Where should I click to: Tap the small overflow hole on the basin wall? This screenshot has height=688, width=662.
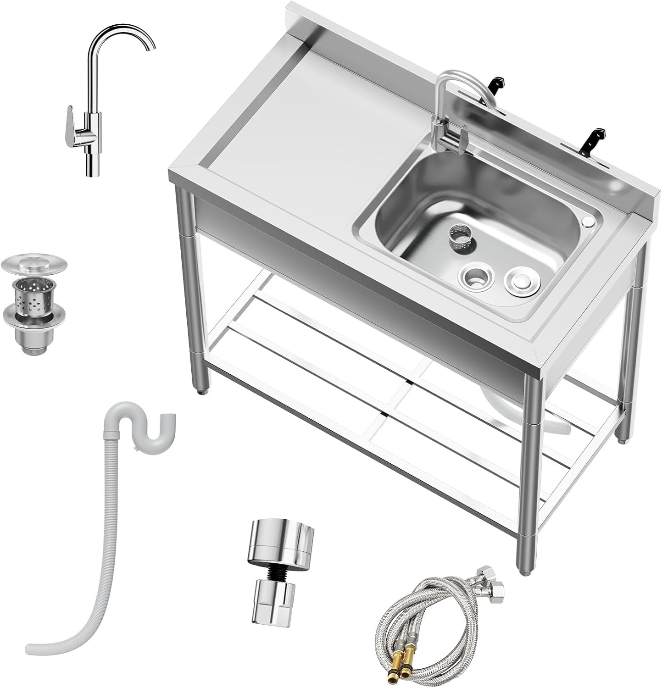tap(586, 222)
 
